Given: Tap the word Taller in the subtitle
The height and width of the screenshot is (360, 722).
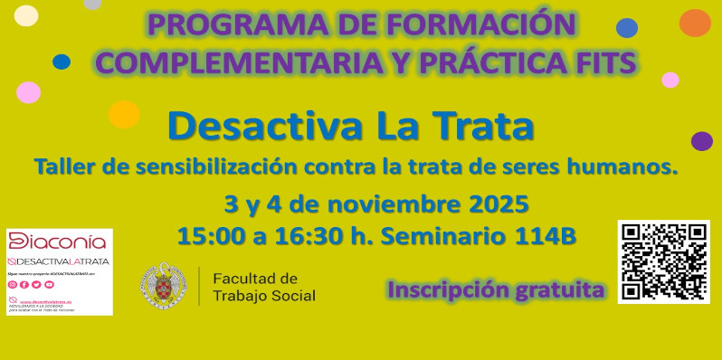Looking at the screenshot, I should [x=66, y=166].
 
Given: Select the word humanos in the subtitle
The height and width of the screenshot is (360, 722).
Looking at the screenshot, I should [x=633, y=166].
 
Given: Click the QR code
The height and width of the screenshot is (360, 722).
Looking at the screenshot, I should [x=663, y=261].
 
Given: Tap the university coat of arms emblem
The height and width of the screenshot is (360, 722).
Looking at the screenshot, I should [x=164, y=286].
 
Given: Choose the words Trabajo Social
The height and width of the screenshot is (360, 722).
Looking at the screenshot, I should [x=264, y=296].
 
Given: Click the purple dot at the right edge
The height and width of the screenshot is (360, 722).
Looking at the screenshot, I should [x=701, y=141].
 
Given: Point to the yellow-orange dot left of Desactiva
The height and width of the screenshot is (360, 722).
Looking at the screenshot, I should [x=123, y=115].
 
